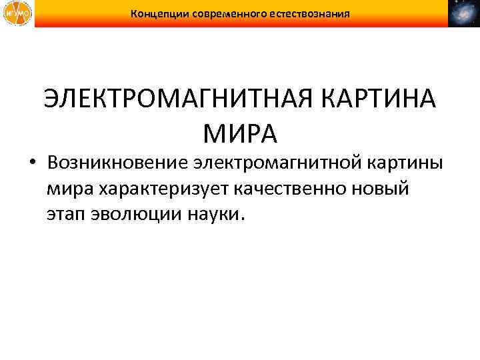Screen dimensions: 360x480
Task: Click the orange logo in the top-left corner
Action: point(15,13)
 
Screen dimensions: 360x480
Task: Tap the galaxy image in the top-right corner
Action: point(464,13)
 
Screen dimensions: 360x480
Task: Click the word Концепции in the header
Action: point(160,13)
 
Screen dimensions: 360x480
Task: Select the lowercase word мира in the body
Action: point(70,190)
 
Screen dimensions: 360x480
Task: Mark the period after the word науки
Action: point(243,220)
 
